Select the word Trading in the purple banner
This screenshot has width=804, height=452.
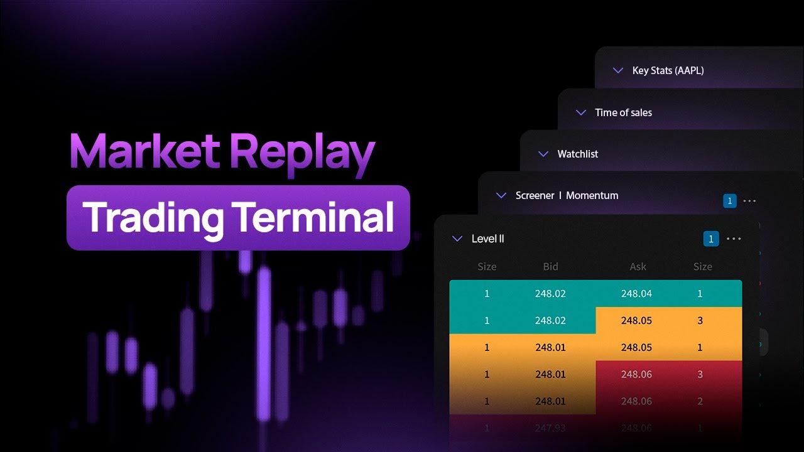click(x=154, y=217)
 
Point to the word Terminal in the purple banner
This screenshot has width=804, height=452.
click(x=315, y=217)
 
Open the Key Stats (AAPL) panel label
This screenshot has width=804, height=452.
click(x=668, y=70)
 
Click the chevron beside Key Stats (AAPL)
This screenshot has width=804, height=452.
click(x=617, y=70)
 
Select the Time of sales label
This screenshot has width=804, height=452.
click(x=623, y=112)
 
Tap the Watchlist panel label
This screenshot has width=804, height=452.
click(x=577, y=154)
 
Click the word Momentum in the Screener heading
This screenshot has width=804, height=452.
click(x=592, y=195)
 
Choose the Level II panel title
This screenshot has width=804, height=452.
click(x=487, y=239)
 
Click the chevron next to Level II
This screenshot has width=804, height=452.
click(x=457, y=239)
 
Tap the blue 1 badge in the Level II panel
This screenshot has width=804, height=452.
click(x=710, y=239)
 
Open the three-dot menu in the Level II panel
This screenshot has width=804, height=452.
click(x=734, y=239)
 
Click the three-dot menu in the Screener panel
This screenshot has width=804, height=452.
click(x=749, y=201)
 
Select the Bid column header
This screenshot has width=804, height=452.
click(x=550, y=267)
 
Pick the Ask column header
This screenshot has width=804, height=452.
click(x=638, y=267)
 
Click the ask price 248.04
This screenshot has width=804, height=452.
click(x=636, y=294)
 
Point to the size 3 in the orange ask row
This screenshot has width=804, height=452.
click(x=700, y=321)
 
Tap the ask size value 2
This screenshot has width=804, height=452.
click(x=700, y=401)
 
